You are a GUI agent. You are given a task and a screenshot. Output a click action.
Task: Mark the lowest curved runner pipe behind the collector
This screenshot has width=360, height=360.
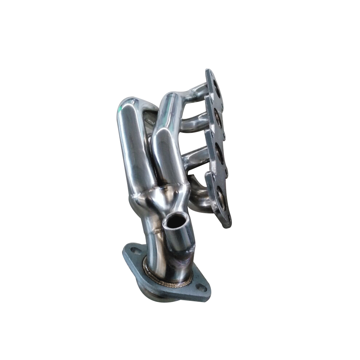pyautogui.click(x=198, y=194)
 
